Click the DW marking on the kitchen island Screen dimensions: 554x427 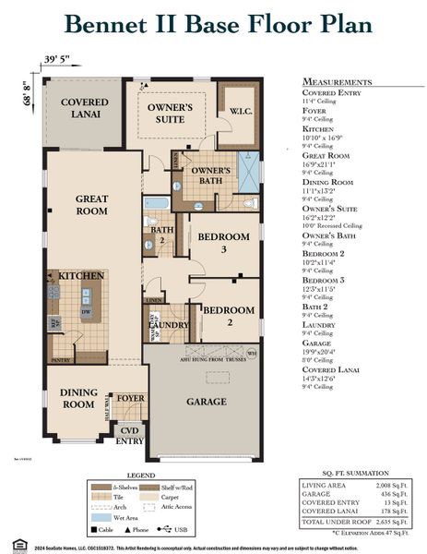pyautogui.click(x=85, y=312)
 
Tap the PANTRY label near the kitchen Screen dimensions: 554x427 pyautogui.click(x=61, y=358)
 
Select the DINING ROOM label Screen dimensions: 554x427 pyautogui.click(x=77, y=398)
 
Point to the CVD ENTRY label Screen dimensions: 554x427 pyautogui.click(x=133, y=435)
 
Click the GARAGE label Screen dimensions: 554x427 pyautogui.click(x=206, y=402)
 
